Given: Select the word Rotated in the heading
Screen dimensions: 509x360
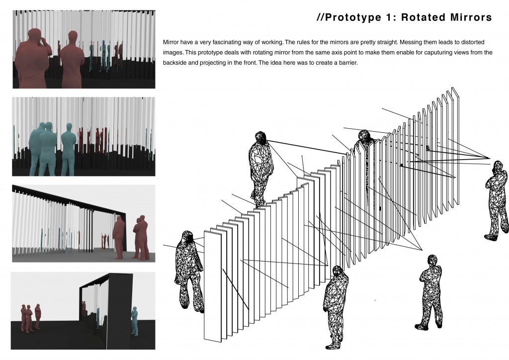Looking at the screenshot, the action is (424, 17).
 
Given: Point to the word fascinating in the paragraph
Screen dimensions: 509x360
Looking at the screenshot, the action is (235, 42).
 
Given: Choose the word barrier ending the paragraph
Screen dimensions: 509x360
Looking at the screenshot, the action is (348, 63).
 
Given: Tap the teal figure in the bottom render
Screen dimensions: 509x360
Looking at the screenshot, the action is (134, 321).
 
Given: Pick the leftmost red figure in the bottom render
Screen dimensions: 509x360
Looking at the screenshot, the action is (23, 317).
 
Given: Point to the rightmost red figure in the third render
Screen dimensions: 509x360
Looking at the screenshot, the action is (141, 238).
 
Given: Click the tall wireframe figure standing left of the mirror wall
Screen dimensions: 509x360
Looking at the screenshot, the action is (260, 169).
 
